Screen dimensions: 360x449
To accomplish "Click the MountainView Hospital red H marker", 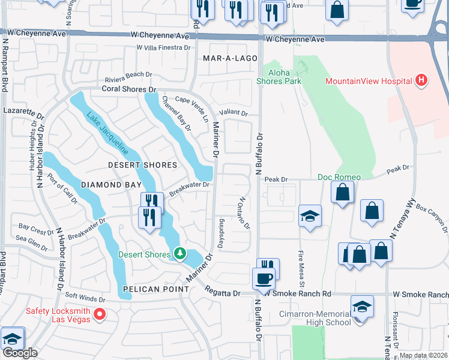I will coord(421,80).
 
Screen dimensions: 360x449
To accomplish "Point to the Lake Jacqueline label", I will coord(106,133).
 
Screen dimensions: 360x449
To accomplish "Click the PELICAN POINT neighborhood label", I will coord(156,289).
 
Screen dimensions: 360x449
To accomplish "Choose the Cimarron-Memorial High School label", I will coord(315,318).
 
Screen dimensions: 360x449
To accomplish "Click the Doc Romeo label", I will coord(339,177).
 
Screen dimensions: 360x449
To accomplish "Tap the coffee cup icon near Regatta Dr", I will coord(264,278).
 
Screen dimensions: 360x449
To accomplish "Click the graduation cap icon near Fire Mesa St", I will coord(310,217).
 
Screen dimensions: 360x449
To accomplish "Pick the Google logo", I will coord(20,353).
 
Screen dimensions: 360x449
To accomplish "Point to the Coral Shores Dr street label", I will coord(128,89).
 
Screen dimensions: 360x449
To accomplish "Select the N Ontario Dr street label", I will coord(244,213).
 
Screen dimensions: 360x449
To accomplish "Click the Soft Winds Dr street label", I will coord(85,298).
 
